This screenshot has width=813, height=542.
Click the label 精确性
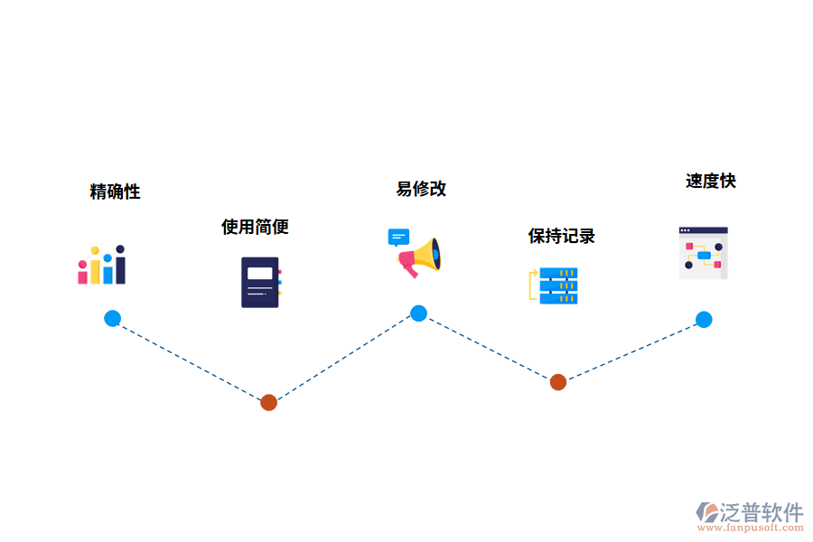[115, 192]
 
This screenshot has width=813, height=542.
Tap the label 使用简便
[255, 227]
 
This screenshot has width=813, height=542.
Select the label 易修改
[421, 189]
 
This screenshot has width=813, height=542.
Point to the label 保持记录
[561, 237]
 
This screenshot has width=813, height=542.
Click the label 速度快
[710, 181]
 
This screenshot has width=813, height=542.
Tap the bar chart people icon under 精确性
[101, 265]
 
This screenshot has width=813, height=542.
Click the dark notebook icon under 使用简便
[260, 282]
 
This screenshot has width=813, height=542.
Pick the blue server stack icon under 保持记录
[557, 285]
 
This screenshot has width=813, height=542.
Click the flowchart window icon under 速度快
[703, 253]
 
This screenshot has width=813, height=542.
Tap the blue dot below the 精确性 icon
[112, 318]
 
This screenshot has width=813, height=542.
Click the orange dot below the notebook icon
[268, 402]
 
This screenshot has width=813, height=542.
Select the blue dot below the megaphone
[418, 313]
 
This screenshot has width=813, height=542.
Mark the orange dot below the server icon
[558, 382]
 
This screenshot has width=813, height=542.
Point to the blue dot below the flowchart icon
[704, 319]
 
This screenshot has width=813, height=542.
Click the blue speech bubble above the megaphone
[397, 237]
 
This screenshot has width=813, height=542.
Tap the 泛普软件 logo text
[762, 512]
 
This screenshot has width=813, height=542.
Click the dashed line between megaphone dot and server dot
[488, 348]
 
